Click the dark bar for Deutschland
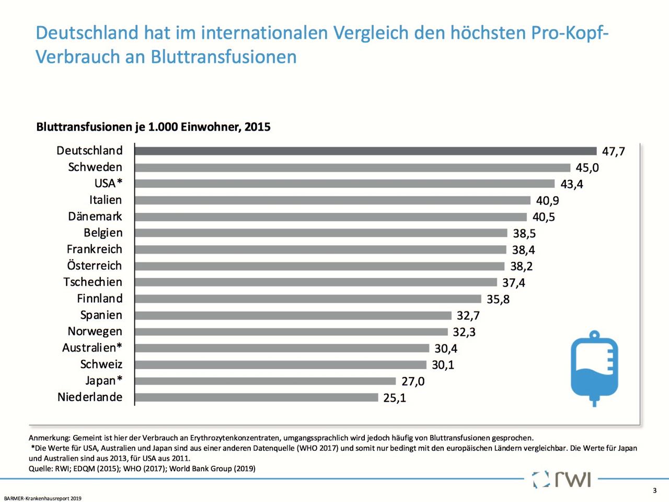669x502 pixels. (365, 151)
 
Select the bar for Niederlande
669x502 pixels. (256, 397)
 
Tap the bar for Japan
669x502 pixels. (265, 381)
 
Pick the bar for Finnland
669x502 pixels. (308, 299)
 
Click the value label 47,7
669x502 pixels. (613, 152)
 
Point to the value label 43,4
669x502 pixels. (572, 184)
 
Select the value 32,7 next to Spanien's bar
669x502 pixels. (468, 316)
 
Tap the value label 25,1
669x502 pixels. (395, 398)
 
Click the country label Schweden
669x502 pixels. (95, 167)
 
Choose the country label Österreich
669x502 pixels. (94, 266)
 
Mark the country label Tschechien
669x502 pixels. (93, 282)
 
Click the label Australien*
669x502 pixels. (92, 348)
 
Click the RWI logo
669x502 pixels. (562, 479)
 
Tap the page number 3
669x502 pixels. (654, 490)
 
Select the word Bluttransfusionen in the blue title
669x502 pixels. (224, 56)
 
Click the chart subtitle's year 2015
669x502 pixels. (257, 127)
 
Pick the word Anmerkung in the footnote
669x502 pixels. (49, 438)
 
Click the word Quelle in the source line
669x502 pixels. (40, 469)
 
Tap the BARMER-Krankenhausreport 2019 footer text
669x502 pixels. (43, 498)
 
